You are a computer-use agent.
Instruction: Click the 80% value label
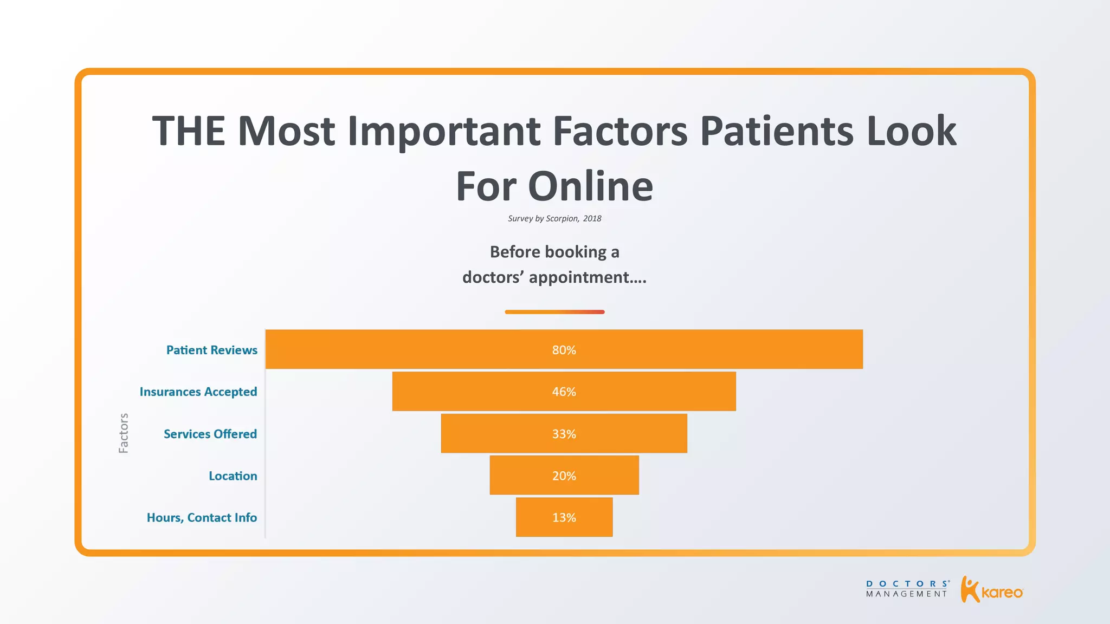pos(564,350)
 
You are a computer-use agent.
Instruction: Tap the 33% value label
pos(564,434)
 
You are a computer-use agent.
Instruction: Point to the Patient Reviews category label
pos(211,350)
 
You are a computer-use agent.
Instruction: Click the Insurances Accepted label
pos(198,392)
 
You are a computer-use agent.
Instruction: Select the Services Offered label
pos(210,434)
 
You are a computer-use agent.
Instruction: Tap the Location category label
pos(233,476)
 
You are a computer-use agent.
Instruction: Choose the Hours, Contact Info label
pos(202,517)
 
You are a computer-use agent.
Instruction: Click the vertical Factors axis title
pos(124,433)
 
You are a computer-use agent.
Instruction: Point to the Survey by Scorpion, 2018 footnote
pos(554,218)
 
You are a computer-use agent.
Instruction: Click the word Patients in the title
pos(776,132)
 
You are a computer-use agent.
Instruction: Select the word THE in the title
pos(189,132)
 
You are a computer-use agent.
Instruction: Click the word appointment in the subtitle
pos(579,277)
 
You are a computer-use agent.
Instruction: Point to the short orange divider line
pos(554,312)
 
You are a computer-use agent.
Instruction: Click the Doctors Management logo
pos(907,589)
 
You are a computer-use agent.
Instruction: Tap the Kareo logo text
pos(1002,593)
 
